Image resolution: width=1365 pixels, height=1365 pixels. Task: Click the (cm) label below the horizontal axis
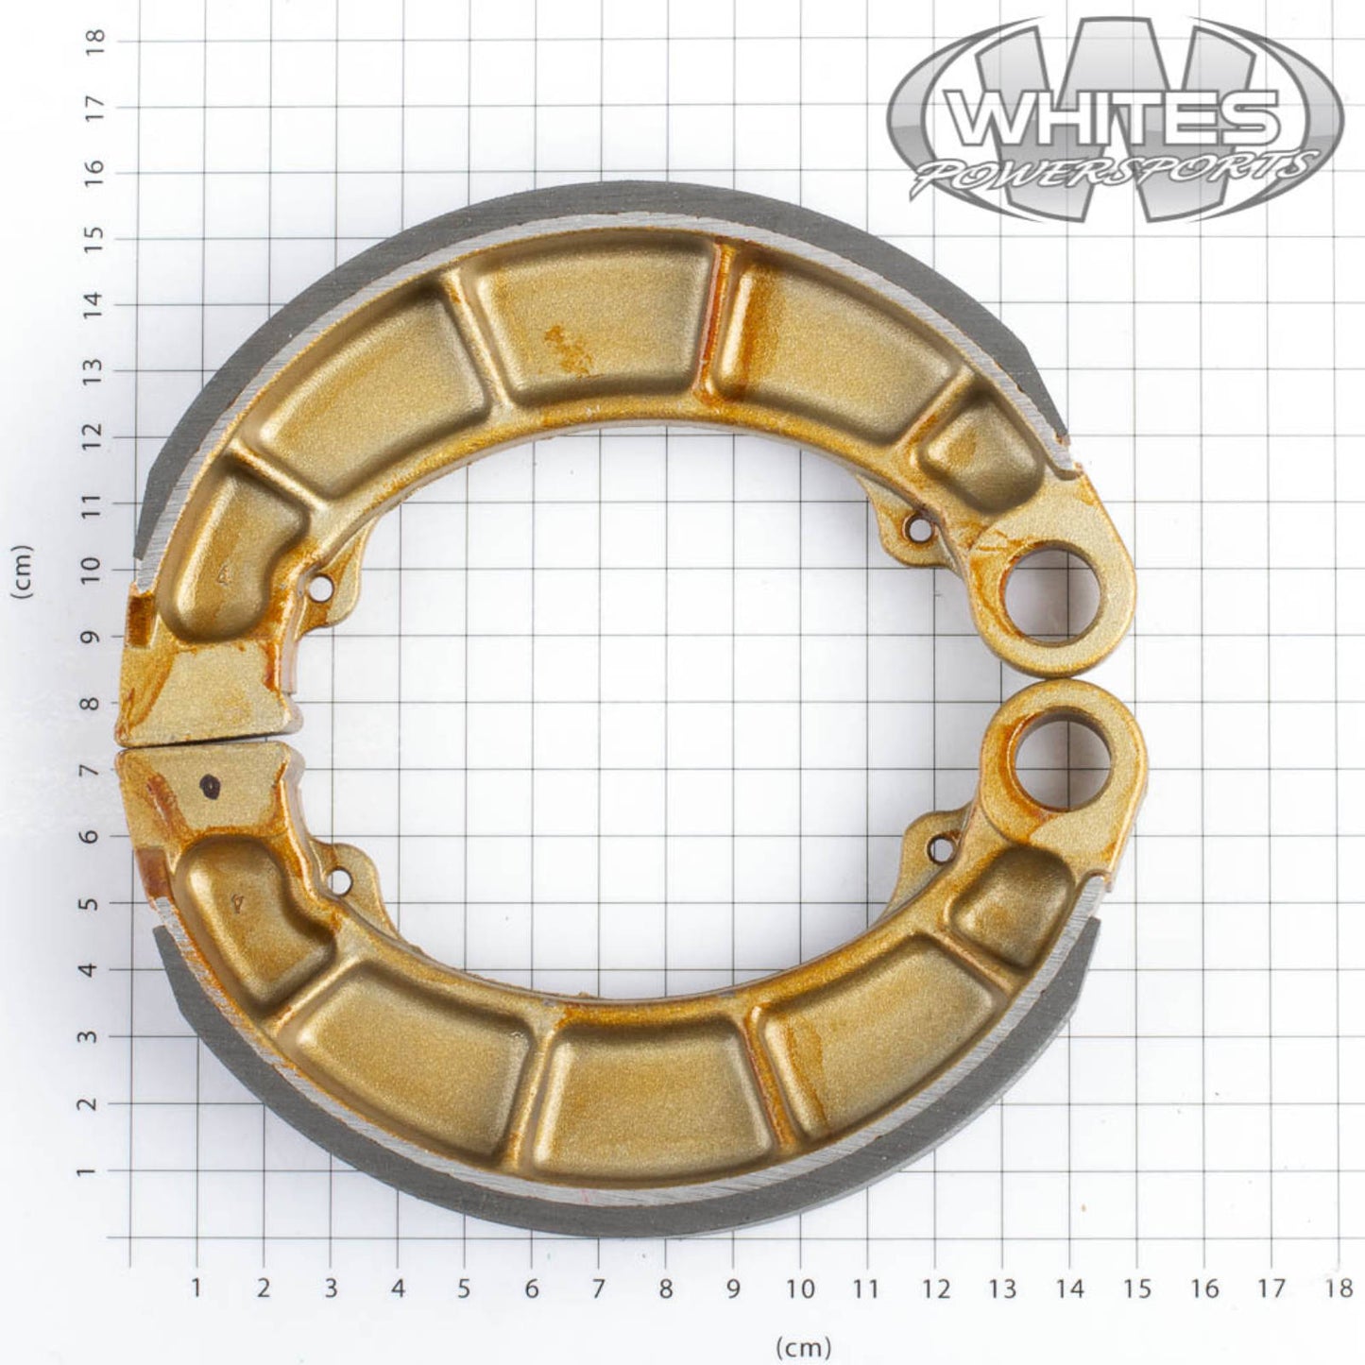803,1344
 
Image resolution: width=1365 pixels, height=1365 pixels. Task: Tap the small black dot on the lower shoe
209,783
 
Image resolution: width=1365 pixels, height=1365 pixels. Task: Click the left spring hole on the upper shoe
322,589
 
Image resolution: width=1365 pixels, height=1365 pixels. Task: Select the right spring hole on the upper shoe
917,528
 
